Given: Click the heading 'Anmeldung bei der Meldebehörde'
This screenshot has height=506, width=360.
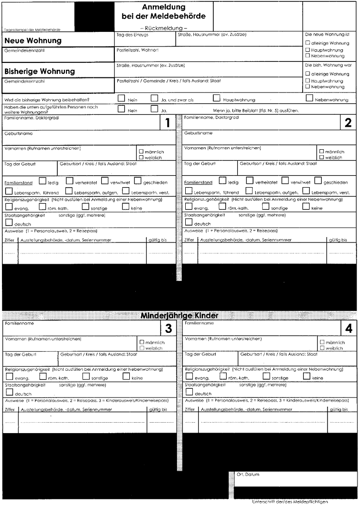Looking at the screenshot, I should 163,11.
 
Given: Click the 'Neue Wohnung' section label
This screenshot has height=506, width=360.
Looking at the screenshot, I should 33,40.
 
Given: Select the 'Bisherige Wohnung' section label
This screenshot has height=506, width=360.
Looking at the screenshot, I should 40,71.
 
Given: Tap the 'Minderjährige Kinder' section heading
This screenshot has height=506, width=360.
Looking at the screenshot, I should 179,315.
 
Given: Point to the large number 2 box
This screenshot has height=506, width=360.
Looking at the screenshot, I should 348,123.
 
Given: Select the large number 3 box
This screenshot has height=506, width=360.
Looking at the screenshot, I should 168,328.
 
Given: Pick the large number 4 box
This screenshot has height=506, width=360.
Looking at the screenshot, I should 348,328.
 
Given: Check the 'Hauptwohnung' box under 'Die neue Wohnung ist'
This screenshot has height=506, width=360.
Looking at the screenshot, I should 308,50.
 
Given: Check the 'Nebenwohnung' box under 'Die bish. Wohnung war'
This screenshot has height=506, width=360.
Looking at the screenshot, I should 308,87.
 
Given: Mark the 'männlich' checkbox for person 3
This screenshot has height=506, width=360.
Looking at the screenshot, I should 142,342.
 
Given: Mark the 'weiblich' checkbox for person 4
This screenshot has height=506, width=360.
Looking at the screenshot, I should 322,348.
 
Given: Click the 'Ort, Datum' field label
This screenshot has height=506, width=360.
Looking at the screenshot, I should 248,475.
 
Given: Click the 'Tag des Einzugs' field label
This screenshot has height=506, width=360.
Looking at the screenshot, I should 132,35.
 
